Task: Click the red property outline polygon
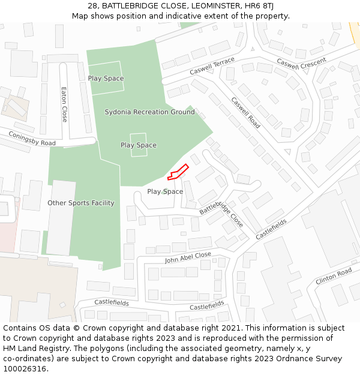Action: (x=178, y=172)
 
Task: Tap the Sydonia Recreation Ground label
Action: (x=149, y=112)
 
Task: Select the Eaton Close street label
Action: (x=64, y=104)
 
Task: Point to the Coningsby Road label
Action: (x=32, y=139)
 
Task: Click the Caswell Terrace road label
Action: (x=212, y=67)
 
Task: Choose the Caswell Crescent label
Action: (x=301, y=62)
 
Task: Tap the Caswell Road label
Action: (x=246, y=113)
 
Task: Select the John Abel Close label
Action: (x=188, y=257)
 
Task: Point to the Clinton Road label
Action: (x=334, y=277)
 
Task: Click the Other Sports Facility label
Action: (x=81, y=203)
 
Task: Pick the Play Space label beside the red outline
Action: (x=165, y=191)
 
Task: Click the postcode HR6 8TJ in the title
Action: (x=260, y=6)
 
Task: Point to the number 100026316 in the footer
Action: (x=25, y=369)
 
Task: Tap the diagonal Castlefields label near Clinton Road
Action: (x=271, y=229)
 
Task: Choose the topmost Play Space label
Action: (x=106, y=79)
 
